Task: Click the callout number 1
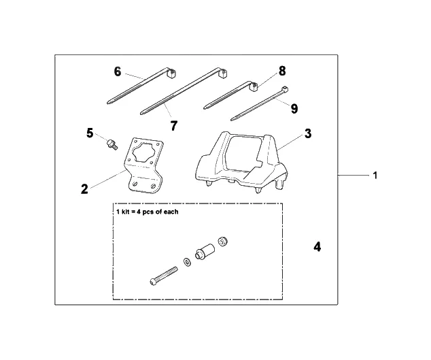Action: pyautogui.click(x=375, y=176)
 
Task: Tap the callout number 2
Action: pyautogui.click(x=84, y=189)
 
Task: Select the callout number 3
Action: pyautogui.click(x=307, y=133)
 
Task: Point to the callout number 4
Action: pyautogui.click(x=317, y=247)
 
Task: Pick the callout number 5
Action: pyautogui.click(x=89, y=133)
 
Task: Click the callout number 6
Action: pyautogui.click(x=118, y=71)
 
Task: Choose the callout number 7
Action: pyautogui.click(x=173, y=125)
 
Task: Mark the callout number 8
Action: pyautogui.click(x=282, y=70)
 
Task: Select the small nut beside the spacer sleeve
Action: pyautogui.click(x=222, y=243)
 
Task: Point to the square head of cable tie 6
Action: pyautogui.click(x=166, y=76)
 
